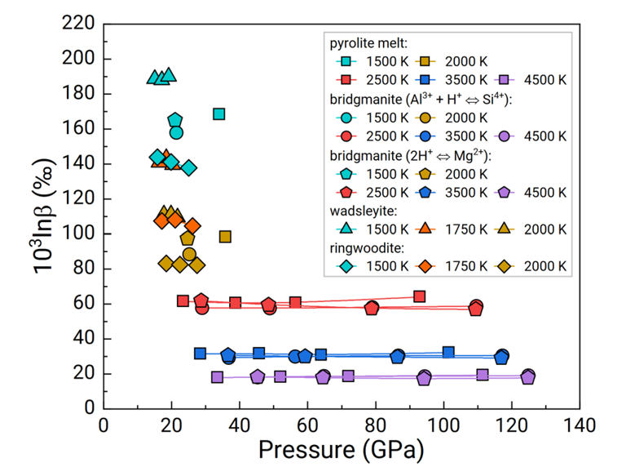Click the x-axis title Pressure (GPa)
[341, 449]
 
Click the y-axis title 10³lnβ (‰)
[44, 216]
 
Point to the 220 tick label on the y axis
[78, 23]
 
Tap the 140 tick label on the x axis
[580, 425]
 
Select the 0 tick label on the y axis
[90, 408]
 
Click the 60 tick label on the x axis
[307, 425]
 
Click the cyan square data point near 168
[218, 114]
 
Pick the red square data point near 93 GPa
[419, 296]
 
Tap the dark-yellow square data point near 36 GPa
[225, 237]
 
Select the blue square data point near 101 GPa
[448, 352]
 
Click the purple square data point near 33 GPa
[217, 377]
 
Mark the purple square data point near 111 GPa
[483, 375]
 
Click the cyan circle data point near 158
[176, 133]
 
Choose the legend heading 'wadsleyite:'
[364, 211]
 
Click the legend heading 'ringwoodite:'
[367, 248]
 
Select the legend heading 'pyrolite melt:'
[368, 43]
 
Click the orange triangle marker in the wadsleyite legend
[425, 229]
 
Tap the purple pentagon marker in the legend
[505, 193]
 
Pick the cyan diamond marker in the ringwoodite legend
[346, 266]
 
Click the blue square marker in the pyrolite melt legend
[425, 80]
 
